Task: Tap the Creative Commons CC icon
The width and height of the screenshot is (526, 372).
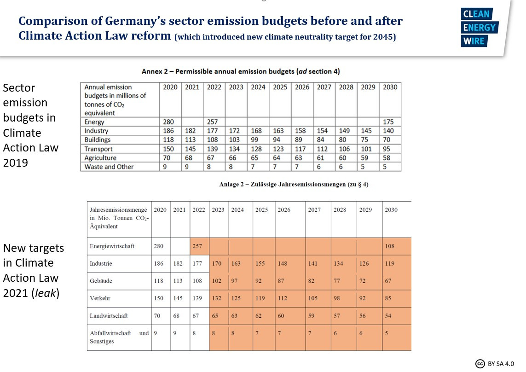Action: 480,363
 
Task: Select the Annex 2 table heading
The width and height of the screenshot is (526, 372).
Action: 241,71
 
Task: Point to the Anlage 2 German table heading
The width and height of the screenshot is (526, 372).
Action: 294,185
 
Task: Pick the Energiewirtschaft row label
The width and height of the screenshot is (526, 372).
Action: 112,246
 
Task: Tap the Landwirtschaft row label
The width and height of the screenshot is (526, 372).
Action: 109,316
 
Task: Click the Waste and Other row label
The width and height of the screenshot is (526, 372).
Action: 109,167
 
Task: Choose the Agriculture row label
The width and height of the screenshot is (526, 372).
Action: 101,158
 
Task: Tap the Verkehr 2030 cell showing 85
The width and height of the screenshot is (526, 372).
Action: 388,298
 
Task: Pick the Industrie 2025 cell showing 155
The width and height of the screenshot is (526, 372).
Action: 260,264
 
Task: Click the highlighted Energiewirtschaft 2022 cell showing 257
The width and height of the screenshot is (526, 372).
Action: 198,246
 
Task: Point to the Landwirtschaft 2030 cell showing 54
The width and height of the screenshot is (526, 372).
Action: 388,316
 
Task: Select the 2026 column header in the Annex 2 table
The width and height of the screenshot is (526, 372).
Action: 302,87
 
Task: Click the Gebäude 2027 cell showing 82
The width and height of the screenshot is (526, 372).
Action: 313,281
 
